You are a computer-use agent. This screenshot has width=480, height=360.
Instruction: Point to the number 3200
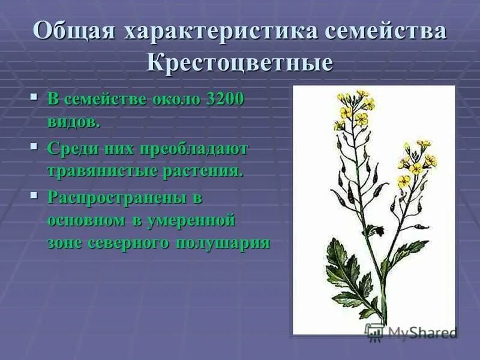click(x=225, y=100)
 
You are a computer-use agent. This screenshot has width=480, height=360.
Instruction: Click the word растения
click(x=203, y=171)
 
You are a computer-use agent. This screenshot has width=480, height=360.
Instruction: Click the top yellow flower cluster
click(x=354, y=108)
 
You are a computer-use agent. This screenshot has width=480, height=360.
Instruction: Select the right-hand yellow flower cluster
click(x=418, y=159)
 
